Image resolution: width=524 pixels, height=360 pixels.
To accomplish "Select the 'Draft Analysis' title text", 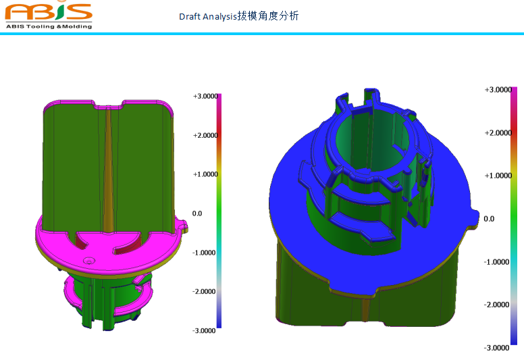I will click(x=207, y=16).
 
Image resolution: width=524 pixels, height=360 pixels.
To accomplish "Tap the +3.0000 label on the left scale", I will click(x=205, y=97).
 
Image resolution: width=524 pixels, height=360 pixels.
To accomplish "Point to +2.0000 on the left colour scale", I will click(x=205, y=135).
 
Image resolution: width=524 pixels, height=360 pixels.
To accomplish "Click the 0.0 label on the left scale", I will click(x=197, y=213).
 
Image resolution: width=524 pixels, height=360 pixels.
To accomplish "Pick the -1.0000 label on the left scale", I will click(x=205, y=253).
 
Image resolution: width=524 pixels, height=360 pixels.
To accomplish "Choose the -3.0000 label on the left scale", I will click(x=205, y=330).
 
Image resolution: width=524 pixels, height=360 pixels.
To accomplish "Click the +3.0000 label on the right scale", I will click(x=497, y=90).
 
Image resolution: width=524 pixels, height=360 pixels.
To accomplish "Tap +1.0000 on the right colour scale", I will click(x=497, y=176).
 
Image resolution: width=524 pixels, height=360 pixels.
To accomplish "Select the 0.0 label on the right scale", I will click(x=490, y=219).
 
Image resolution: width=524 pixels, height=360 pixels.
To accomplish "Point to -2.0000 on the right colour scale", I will click(x=497, y=305).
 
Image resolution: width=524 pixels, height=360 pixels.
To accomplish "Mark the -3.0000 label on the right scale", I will click(x=497, y=347).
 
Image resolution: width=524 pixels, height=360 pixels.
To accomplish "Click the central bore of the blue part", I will click(x=371, y=135).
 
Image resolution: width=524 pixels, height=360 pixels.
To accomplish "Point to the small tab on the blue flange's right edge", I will click(x=475, y=218).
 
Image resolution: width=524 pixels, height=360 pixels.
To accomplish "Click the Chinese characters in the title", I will click(x=267, y=16).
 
